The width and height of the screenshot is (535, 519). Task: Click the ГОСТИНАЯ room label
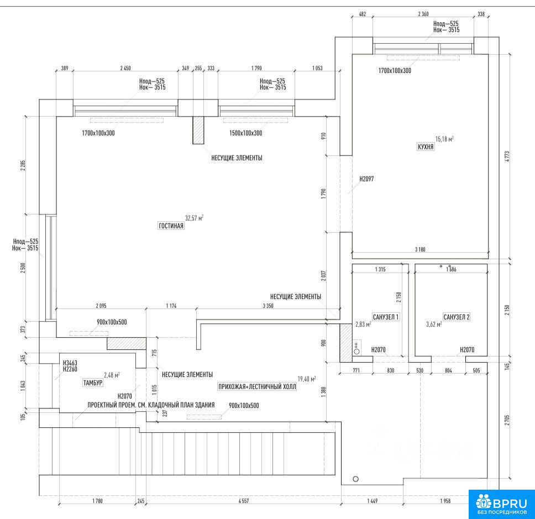[171, 226]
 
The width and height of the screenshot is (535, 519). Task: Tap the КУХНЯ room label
[426, 147]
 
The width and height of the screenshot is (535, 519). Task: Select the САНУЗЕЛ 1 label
[386, 317]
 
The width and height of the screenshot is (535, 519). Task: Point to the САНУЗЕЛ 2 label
[457, 317]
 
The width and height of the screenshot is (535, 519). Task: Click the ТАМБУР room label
[92, 382]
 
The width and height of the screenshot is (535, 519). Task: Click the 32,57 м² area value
[194, 218]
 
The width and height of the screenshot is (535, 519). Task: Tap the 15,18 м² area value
[444, 139]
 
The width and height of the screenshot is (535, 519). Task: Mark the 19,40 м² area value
[307, 379]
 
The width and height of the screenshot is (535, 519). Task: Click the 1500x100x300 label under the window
[245, 133]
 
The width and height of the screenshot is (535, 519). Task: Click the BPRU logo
[502, 504]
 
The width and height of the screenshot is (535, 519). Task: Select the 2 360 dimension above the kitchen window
[423, 14]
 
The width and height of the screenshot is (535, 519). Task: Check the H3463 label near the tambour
[70, 363]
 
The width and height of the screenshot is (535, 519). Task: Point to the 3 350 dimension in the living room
[269, 306]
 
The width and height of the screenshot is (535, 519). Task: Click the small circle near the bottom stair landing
[355, 479]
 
